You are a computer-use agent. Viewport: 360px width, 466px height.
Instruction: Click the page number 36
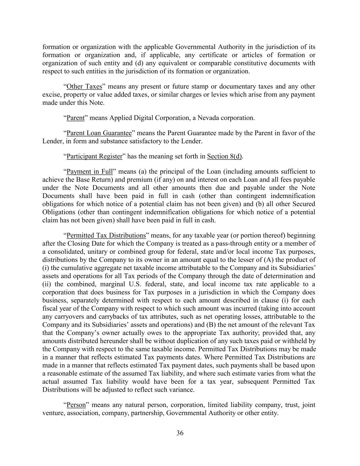click(x=180, y=433)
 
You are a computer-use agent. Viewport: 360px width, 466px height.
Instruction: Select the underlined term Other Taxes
click(x=84, y=86)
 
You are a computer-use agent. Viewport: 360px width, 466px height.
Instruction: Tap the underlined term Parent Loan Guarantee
click(x=99, y=133)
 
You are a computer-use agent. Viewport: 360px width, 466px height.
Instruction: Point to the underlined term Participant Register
click(x=94, y=156)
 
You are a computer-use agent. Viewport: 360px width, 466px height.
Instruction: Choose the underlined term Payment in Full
click(x=89, y=171)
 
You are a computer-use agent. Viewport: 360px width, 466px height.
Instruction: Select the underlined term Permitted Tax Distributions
click(x=106, y=236)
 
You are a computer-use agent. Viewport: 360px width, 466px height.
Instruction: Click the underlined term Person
click(x=76, y=405)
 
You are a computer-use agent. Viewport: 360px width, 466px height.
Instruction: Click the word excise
click(x=51, y=95)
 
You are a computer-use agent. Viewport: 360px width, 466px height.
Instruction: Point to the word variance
click(x=183, y=390)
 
